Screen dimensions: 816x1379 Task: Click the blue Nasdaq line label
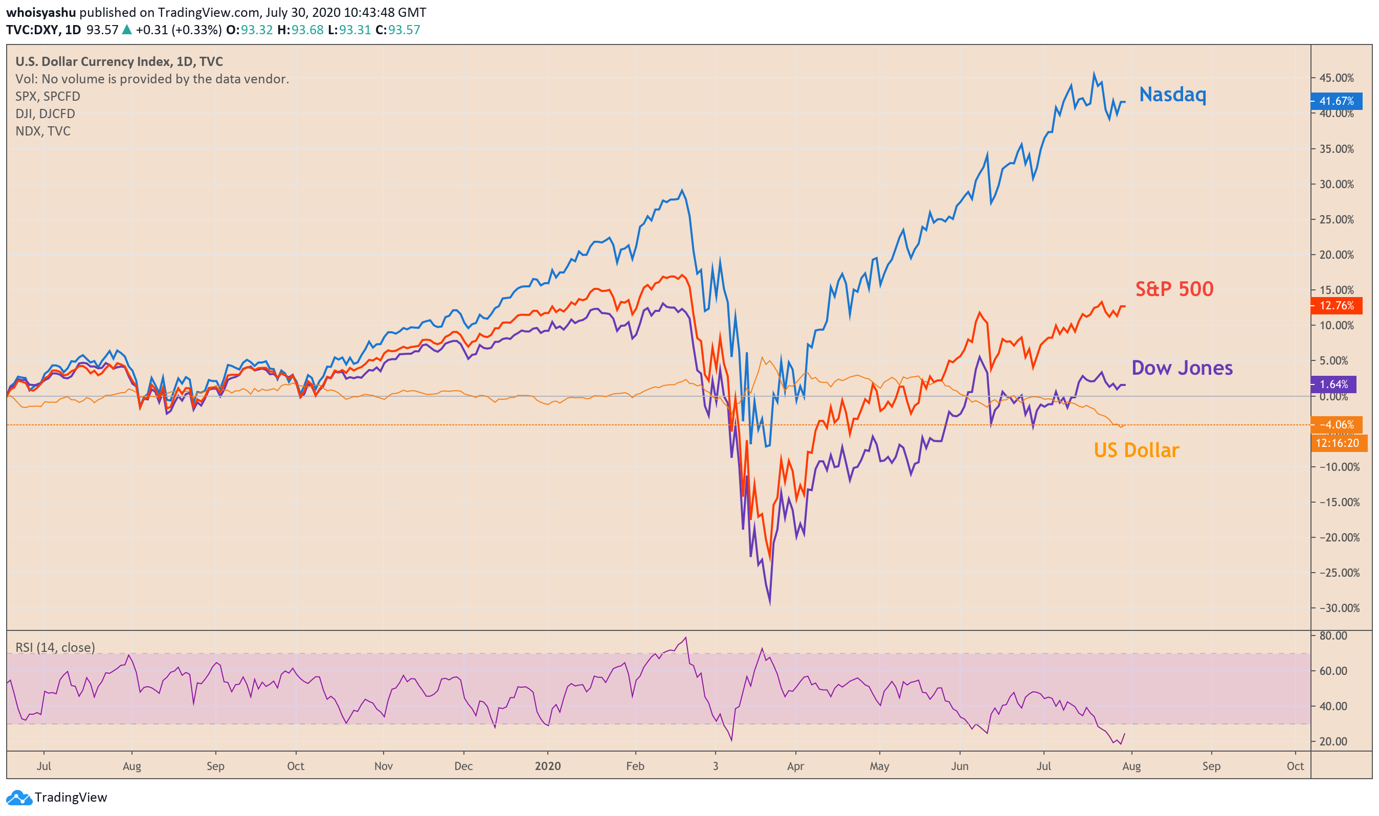pyautogui.click(x=1172, y=95)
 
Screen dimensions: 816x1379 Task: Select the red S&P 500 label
pyautogui.click(x=1174, y=289)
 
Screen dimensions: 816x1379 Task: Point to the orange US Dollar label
pyautogui.click(x=1136, y=450)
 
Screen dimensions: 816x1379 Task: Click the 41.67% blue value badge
pyautogui.click(x=1336, y=101)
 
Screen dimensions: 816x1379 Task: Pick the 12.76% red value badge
pyautogui.click(x=1336, y=306)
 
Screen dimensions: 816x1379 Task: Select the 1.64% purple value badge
pyautogui.click(x=1333, y=384)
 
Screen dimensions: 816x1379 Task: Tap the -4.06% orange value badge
pyautogui.click(x=1336, y=424)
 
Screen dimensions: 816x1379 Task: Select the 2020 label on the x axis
pyautogui.click(x=547, y=766)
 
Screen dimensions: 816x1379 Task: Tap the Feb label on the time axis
pyautogui.click(x=635, y=766)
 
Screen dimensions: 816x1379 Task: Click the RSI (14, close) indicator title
pyautogui.click(x=55, y=647)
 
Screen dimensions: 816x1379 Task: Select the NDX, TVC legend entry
pyautogui.click(x=43, y=131)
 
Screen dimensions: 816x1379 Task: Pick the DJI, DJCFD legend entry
pyautogui.click(x=45, y=114)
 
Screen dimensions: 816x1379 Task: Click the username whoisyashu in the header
pyautogui.click(x=41, y=12)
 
